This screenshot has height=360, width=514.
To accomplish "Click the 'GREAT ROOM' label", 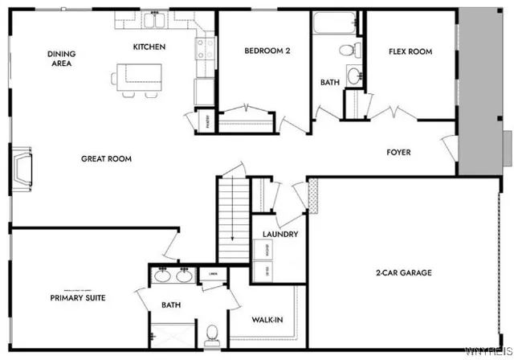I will (106, 158).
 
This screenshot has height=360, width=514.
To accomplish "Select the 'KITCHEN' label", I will (149, 47).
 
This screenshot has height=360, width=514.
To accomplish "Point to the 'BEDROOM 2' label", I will (267, 51).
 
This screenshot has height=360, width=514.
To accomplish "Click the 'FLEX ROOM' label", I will (410, 51).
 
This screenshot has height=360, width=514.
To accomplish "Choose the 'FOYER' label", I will (399, 152).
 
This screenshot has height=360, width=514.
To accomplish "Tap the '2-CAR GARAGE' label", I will (405, 273).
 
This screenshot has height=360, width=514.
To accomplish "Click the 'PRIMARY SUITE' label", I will (77, 297).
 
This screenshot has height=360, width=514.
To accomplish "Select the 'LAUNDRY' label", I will (281, 235).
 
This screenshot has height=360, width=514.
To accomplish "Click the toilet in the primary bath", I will (213, 332).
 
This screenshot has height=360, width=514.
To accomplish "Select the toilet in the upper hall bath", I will (347, 50).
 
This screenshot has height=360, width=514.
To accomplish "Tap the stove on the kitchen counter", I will (202, 50).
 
